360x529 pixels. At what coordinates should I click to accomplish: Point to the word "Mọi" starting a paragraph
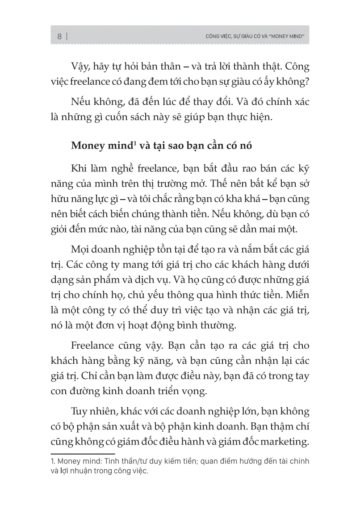click(80, 252)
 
